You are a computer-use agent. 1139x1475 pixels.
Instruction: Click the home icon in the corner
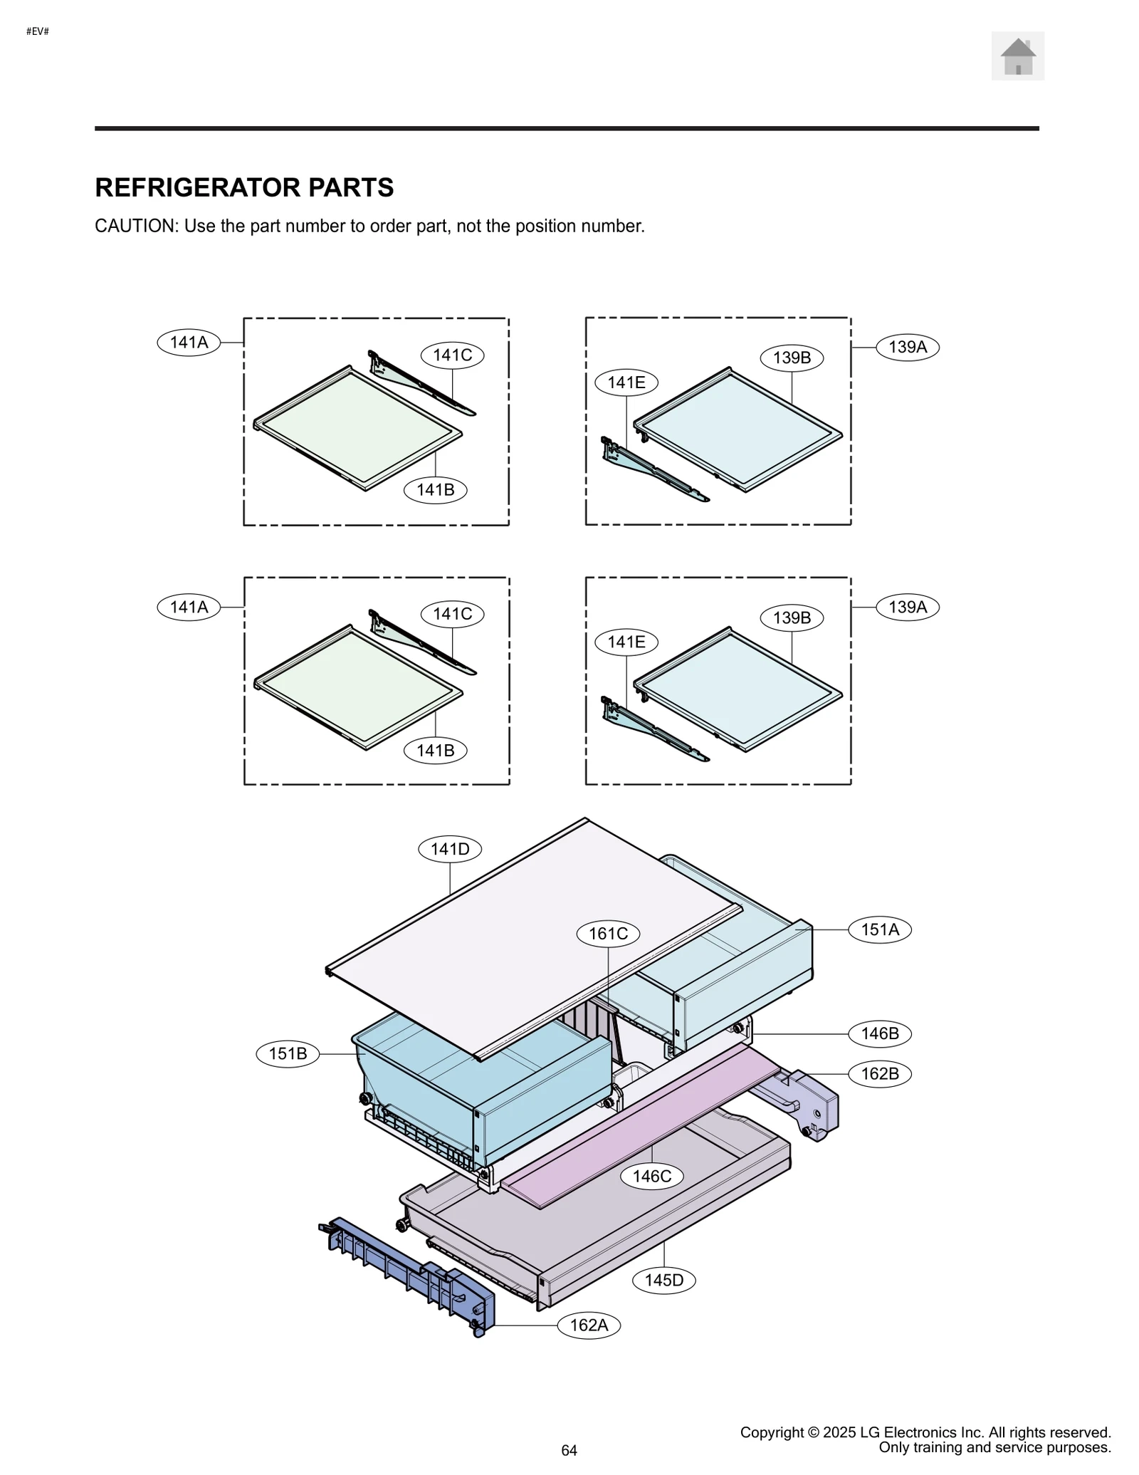[x=1017, y=56]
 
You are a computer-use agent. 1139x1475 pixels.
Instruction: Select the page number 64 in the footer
[x=569, y=1450]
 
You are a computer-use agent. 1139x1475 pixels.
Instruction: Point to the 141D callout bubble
[x=450, y=849]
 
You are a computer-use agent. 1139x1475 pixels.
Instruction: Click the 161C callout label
[x=608, y=933]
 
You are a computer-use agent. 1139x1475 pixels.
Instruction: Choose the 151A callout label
[x=879, y=929]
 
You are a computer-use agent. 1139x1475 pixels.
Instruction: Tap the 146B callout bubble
[x=879, y=1033]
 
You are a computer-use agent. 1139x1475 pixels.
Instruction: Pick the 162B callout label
[x=879, y=1073]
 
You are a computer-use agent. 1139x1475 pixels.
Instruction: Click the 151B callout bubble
[x=288, y=1053]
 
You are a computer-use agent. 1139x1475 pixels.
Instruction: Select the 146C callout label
[x=651, y=1176]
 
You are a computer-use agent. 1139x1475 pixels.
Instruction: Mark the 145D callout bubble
[x=663, y=1280]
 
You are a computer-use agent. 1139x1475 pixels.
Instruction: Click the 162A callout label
[x=589, y=1325]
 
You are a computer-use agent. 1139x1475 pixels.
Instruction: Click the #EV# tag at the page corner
[x=37, y=31]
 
